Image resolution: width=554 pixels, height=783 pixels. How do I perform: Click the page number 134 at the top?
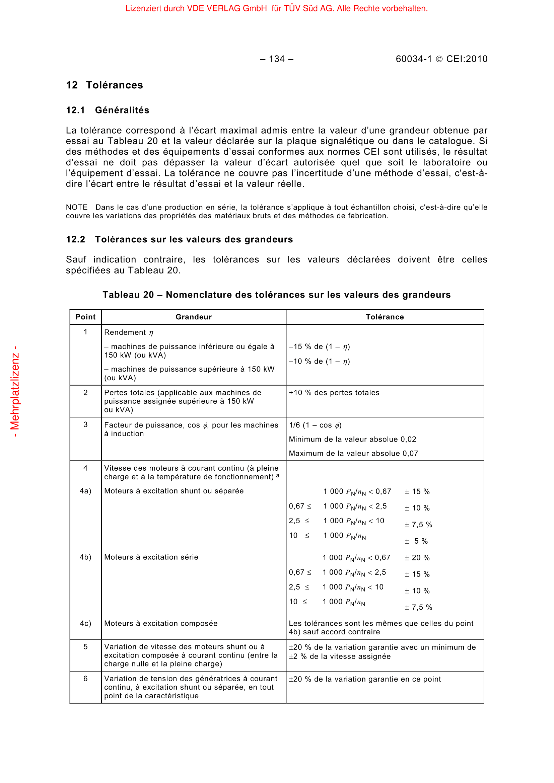277,59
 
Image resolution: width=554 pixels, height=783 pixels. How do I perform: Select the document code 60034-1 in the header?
413,59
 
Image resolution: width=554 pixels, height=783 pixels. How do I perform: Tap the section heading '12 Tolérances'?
105,85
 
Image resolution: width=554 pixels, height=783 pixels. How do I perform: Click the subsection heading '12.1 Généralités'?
108,110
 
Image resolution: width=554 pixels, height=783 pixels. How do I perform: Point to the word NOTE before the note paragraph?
77,207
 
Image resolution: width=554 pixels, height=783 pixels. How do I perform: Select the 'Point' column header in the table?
86,317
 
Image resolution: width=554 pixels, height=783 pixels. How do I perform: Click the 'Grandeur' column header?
193,317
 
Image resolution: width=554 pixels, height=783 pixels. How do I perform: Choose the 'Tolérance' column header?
385,317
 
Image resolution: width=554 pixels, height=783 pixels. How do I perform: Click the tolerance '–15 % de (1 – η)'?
319,347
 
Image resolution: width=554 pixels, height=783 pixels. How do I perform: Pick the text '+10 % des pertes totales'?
334,393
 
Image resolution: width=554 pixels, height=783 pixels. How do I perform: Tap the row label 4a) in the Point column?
86,491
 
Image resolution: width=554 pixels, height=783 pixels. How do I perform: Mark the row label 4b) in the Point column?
86,557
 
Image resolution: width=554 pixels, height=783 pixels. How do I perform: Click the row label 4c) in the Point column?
86,623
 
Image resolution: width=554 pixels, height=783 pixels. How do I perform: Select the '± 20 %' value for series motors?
417,558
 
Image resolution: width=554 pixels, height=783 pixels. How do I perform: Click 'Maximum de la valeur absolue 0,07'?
353,454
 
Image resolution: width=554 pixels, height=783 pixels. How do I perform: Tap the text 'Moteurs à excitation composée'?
161,623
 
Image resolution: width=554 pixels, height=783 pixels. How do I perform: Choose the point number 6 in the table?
86,679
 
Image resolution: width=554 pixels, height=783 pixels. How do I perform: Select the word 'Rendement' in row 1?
125,332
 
